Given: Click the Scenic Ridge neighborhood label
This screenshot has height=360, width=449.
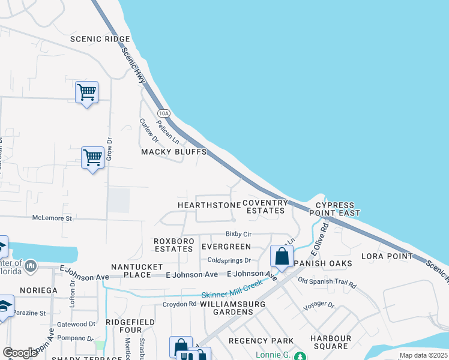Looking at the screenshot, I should pos(100,39).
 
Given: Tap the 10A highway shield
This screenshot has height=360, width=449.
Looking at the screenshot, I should pos(164,113).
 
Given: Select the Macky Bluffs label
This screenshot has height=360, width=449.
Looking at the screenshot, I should pos(173,152).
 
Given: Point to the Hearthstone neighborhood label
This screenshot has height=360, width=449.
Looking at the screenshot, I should pos(209,205).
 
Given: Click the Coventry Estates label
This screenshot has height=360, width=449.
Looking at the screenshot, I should pos(265,207).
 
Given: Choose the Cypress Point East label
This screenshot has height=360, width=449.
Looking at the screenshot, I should pos(335,209).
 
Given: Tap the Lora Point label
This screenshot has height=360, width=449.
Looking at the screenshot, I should pos(387,256).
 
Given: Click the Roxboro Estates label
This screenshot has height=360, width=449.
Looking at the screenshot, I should pos(174,244).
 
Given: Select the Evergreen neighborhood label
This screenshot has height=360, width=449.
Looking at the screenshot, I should pos(226,247).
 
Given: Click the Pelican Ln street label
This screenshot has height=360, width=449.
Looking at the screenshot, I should pos(167,130).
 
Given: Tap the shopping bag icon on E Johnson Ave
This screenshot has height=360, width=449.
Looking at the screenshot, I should pos(282,256).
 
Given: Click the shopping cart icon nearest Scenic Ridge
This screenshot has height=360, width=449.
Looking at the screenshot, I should pos(87,93).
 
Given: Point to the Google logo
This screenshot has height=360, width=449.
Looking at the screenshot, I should pos(20,353).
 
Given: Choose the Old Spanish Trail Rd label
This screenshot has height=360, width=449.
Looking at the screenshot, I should pos(327,282).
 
